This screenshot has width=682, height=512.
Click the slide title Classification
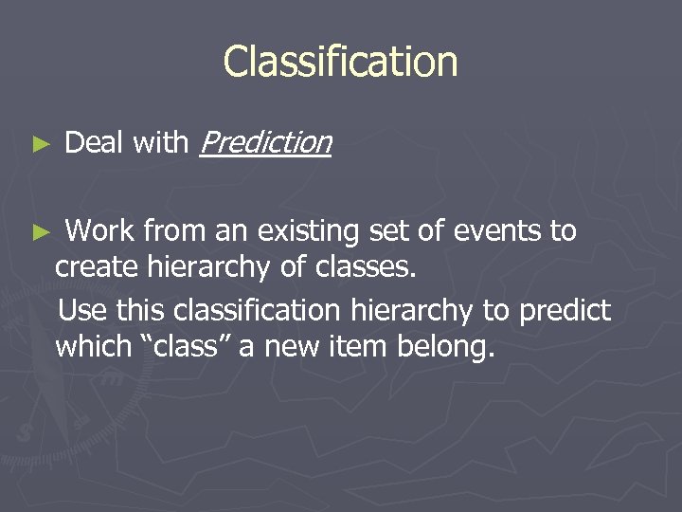pos(340,62)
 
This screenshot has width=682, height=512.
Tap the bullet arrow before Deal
pos(39,144)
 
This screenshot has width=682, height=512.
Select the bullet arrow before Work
pos(39,231)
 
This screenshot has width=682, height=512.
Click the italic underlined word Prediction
pos(266,143)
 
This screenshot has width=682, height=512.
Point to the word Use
pos(84,310)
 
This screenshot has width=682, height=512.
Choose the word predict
pos(566,310)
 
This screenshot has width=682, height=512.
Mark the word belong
pos(443,348)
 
